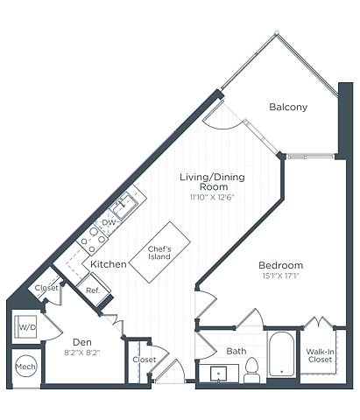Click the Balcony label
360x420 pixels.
click(288, 107)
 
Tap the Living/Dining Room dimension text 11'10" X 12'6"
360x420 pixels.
click(212, 198)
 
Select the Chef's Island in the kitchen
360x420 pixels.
click(159, 252)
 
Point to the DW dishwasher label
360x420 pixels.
click(109, 223)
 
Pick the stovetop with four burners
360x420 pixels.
click(93, 240)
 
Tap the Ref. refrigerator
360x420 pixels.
click(94, 290)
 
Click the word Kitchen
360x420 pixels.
click(109, 264)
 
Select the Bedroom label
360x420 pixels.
click(281, 265)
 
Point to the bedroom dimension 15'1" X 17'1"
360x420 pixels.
click(281, 276)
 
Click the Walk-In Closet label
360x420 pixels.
click(320, 355)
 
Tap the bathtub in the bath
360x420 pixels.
click(281, 354)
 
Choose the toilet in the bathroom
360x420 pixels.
click(251, 370)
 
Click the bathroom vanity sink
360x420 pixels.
click(219, 374)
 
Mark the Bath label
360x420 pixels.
click(236, 351)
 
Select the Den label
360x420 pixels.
click(82, 342)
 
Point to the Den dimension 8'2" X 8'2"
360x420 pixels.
click(82, 353)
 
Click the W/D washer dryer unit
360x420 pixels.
click(25, 327)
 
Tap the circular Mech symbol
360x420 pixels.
click(26, 367)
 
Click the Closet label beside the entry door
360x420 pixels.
click(145, 360)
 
